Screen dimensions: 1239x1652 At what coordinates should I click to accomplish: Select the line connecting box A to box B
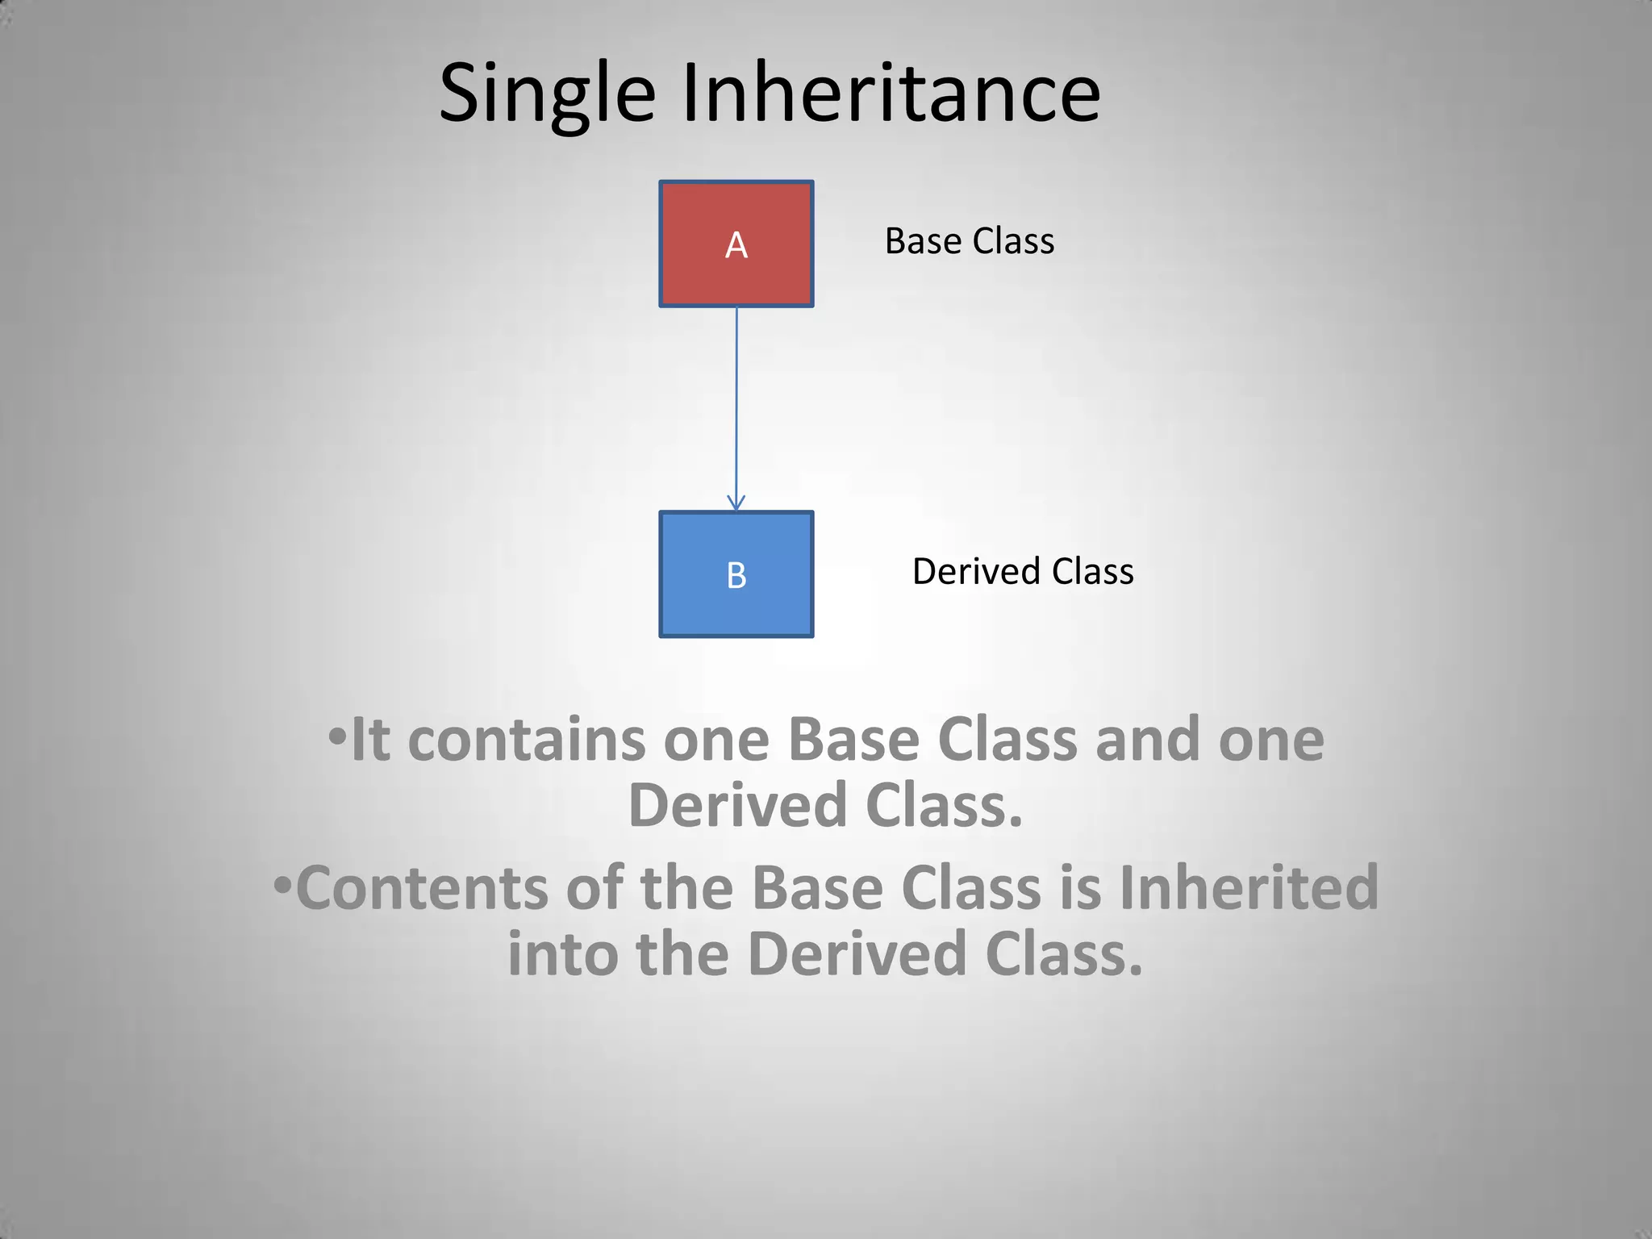(x=736, y=403)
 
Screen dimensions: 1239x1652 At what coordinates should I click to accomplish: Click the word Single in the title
(x=547, y=94)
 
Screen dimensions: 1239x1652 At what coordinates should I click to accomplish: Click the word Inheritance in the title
(x=891, y=94)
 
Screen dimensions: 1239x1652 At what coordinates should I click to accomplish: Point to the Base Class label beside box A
(x=969, y=241)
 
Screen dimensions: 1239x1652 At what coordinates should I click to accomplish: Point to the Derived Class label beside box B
(x=1022, y=571)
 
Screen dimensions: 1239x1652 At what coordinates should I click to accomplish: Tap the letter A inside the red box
(x=736, y=245)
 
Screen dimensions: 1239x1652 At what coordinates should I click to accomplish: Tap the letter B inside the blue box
(x=736, y=576)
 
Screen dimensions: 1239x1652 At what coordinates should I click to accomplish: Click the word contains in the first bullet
(x=526, y=740)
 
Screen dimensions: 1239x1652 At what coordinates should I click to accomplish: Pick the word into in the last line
(x=563, y=953)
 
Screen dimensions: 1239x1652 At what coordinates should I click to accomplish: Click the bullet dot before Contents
(x=282, y=884)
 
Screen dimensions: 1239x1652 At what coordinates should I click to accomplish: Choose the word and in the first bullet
(x=1147, y=740)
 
